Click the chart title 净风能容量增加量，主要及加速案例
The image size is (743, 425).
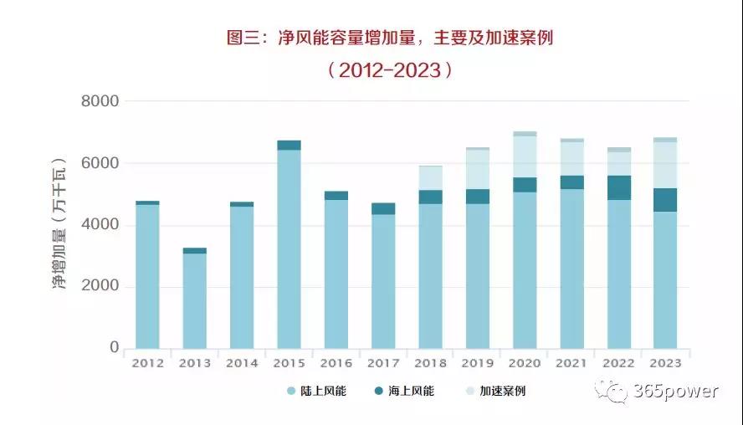(390, 38)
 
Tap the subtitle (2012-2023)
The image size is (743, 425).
(390, 70)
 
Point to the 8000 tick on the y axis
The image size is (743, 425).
(100, 101)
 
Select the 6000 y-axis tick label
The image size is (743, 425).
(100, 163)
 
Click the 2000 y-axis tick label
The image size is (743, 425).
(100, 287)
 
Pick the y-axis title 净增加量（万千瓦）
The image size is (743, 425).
(59, 224)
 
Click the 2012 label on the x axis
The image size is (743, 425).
(147, 363)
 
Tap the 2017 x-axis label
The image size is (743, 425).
(383, 363)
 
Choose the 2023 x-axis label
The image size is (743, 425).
(665, 363)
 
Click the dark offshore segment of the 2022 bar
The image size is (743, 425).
(618, 187)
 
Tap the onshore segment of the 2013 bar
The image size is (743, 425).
(195, 301)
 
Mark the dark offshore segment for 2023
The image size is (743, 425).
(665, 200)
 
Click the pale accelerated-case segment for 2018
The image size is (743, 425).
(430, 178)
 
